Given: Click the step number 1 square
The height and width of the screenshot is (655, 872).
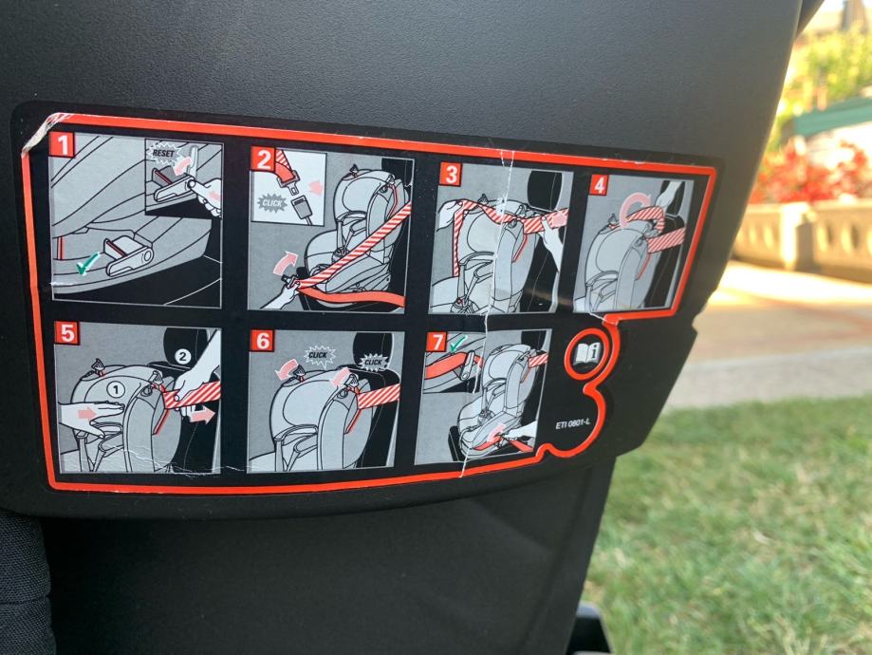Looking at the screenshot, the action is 62,144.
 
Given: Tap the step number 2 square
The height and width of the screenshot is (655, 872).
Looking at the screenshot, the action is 263,159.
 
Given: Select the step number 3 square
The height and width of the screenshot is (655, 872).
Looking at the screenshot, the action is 451,174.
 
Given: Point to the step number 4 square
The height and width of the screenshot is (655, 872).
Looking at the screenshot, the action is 599,185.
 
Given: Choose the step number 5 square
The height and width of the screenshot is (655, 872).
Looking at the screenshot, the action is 66,333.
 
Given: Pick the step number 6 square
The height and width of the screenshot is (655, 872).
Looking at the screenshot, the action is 262,340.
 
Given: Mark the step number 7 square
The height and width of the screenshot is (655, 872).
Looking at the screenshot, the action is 436,343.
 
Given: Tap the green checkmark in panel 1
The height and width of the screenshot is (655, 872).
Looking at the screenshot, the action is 88,263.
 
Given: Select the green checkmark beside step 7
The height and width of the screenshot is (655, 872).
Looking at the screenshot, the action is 459,344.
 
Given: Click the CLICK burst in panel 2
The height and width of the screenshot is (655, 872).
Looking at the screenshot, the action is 272,203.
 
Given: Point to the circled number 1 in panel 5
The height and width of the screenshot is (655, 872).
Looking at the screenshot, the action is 116,390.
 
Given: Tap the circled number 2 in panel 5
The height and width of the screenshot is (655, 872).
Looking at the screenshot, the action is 183,356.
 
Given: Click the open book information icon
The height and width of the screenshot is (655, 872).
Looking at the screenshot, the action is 585,353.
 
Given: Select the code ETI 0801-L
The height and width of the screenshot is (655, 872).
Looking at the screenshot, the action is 572,425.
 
